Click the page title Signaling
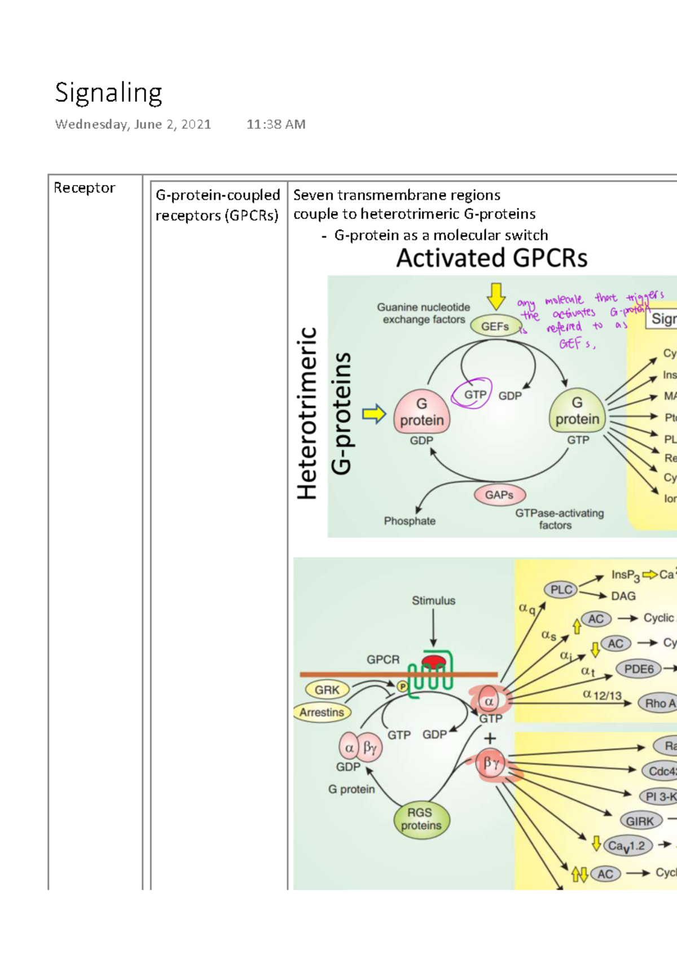[x=108, y=93]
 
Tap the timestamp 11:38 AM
[x=275, y=124]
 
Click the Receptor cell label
[x=84, y=188]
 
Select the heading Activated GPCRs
[x=491, y=258]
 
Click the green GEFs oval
[x=495, y=326]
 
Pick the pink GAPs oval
[x=499, y=495]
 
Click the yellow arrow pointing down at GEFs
[x=496, y=296]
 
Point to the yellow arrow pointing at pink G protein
[x=373, y=414]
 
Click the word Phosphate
[x=410, y=521]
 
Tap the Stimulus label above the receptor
[x=433, y=600]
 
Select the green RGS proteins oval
[x=421, y=819]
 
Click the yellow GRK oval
[x=327, y=689]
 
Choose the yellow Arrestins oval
[x=322, y=712]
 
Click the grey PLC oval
[x=561, y=590]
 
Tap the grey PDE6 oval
[x=639, y=669]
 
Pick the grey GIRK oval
[x=640, y=821]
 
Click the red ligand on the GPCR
[x=433, y=661]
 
